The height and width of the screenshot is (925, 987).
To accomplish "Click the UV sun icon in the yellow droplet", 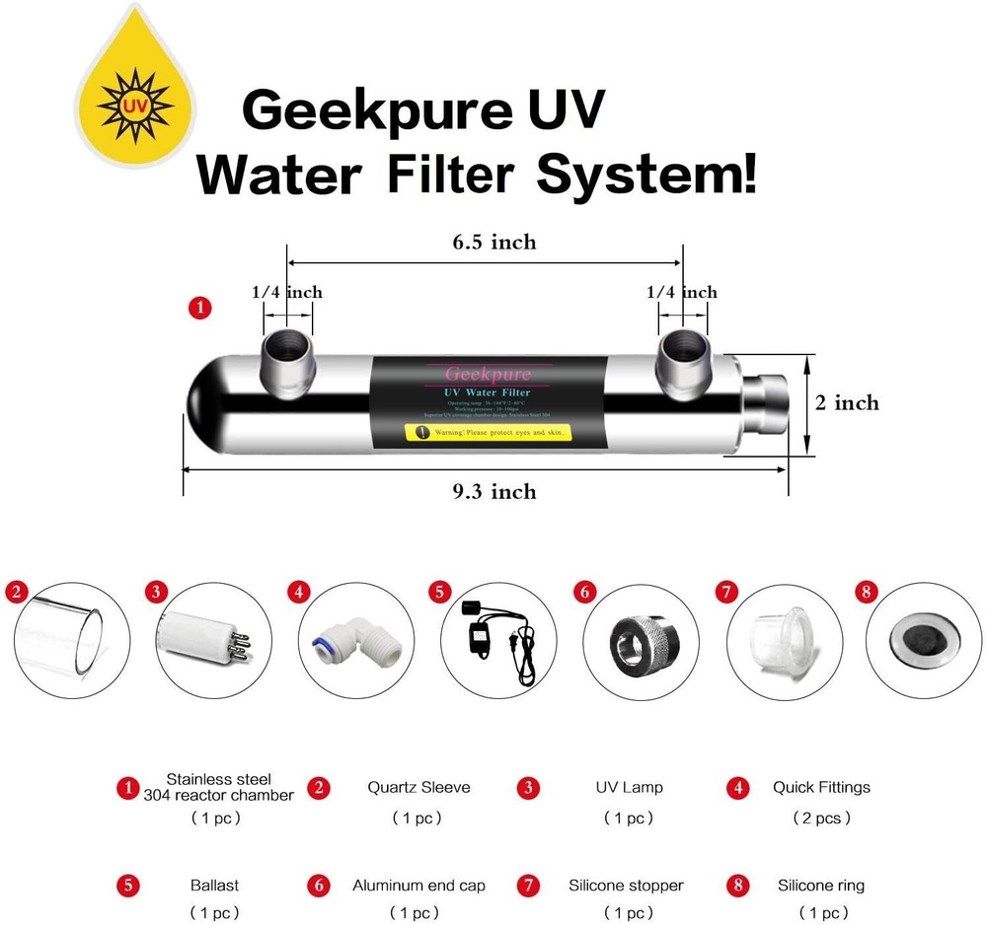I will click(x=134, y=102).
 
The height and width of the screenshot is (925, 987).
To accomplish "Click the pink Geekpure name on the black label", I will click(x=488, y=374).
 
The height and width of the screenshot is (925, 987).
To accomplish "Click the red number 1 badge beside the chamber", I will click(x=200, y=309).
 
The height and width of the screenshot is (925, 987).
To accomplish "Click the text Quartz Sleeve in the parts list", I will click(x=418, y=787).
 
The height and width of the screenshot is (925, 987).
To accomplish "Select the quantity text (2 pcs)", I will click(x=821, y=818).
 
